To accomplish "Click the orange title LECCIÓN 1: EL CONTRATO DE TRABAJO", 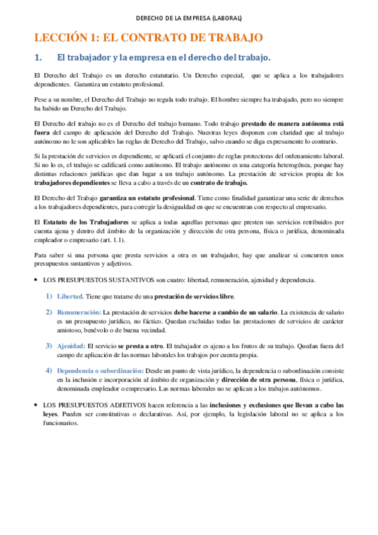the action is point(148,38).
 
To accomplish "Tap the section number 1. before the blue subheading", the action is point(38,58).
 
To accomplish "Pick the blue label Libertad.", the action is point(69,296).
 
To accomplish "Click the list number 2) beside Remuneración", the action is point(49,312).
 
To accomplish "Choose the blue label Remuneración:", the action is point(79,312).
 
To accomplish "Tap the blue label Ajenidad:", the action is point(71,346).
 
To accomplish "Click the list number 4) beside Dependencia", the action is point(49,370).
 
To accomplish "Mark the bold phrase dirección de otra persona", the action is point(259,380).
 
